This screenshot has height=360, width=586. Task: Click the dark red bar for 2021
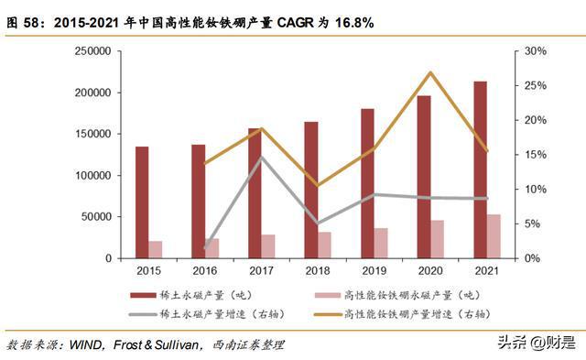coord(480,169)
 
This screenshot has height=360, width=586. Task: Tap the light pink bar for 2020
coord(439,239)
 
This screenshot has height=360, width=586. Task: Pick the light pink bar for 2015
coord(156,249)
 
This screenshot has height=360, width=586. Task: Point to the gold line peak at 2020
coord(431,72)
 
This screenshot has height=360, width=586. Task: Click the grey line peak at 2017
coord(262,157)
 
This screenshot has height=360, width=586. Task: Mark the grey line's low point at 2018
coord(318,223)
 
